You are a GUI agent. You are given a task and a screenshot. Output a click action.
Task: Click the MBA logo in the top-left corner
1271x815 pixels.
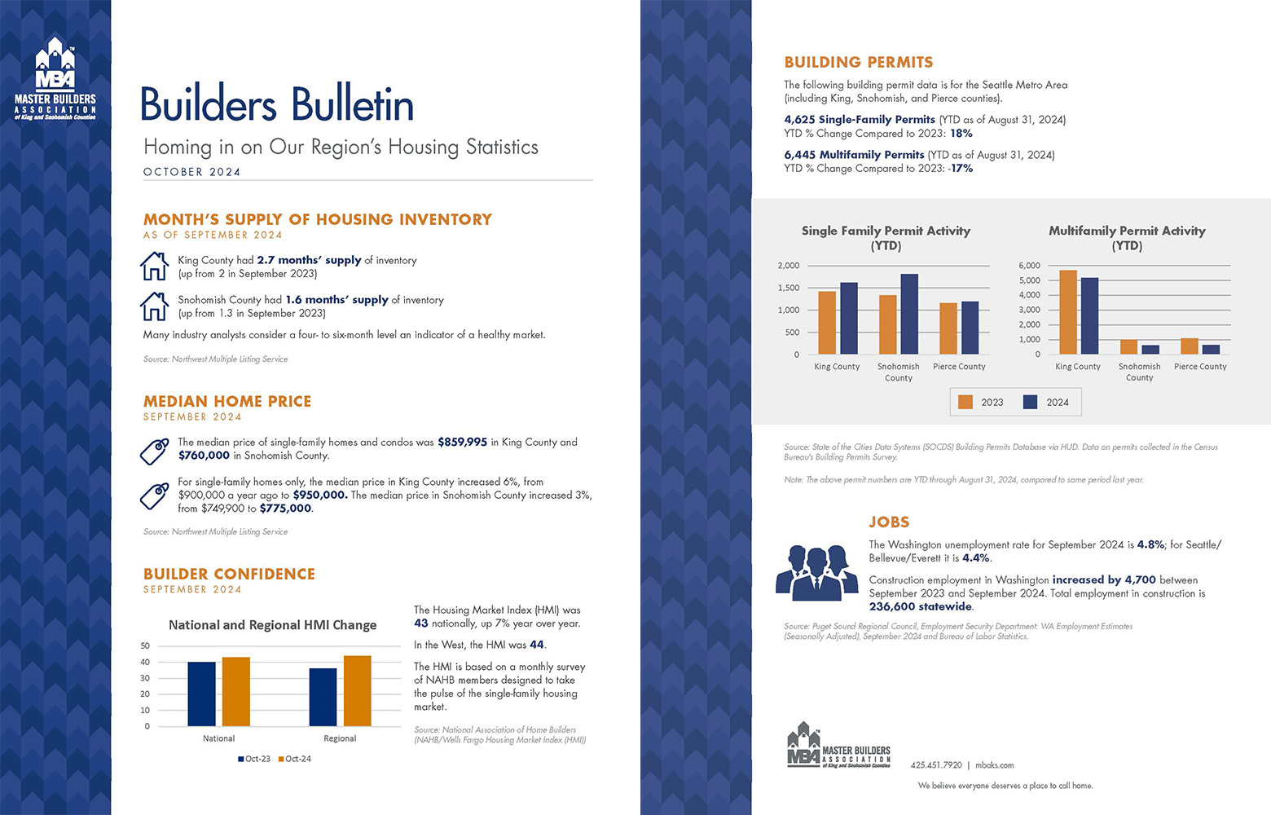click(55, 78)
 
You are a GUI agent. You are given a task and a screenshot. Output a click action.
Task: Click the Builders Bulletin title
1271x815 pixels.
click(278, 104)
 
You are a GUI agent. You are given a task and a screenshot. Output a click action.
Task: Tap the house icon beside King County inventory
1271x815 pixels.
click(154, 267)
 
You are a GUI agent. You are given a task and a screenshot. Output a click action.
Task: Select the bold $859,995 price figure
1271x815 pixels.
click(463, 442)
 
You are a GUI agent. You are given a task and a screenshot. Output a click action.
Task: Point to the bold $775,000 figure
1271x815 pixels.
click(285, 509)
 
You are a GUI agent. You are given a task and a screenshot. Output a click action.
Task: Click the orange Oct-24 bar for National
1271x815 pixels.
click(236, 692)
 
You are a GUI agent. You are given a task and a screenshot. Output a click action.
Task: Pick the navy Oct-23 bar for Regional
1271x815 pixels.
click(323, 698)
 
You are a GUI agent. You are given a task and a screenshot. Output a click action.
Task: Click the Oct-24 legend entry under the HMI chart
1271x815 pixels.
click(294, 759)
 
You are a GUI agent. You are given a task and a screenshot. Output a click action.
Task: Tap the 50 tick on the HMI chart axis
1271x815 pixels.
click(145, 645)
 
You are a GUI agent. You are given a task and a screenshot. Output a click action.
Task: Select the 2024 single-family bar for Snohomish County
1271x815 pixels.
click(909, 315)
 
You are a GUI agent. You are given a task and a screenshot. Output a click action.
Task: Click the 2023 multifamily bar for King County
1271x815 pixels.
click(1068, 312)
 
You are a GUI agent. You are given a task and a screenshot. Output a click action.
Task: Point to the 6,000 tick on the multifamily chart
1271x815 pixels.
click(1030, 266)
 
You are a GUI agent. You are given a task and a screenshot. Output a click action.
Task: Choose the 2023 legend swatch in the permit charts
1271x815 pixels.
click(965, 403)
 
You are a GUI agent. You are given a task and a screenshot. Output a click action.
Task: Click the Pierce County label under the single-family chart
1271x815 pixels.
click(960, 367)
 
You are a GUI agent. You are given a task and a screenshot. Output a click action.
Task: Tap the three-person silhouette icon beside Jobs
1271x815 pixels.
click(817, 573)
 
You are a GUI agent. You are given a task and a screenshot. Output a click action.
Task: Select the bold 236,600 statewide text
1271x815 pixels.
click(921, 606)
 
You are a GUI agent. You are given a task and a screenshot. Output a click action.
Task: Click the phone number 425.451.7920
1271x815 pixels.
click(936, 765)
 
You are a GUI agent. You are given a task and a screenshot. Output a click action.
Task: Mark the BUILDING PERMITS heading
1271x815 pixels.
click(859, 62)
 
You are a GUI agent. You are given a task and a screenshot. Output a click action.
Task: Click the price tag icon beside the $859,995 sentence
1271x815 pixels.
click(154, 452)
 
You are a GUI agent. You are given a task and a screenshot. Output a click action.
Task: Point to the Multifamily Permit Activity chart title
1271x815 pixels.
click(1127, 238)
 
